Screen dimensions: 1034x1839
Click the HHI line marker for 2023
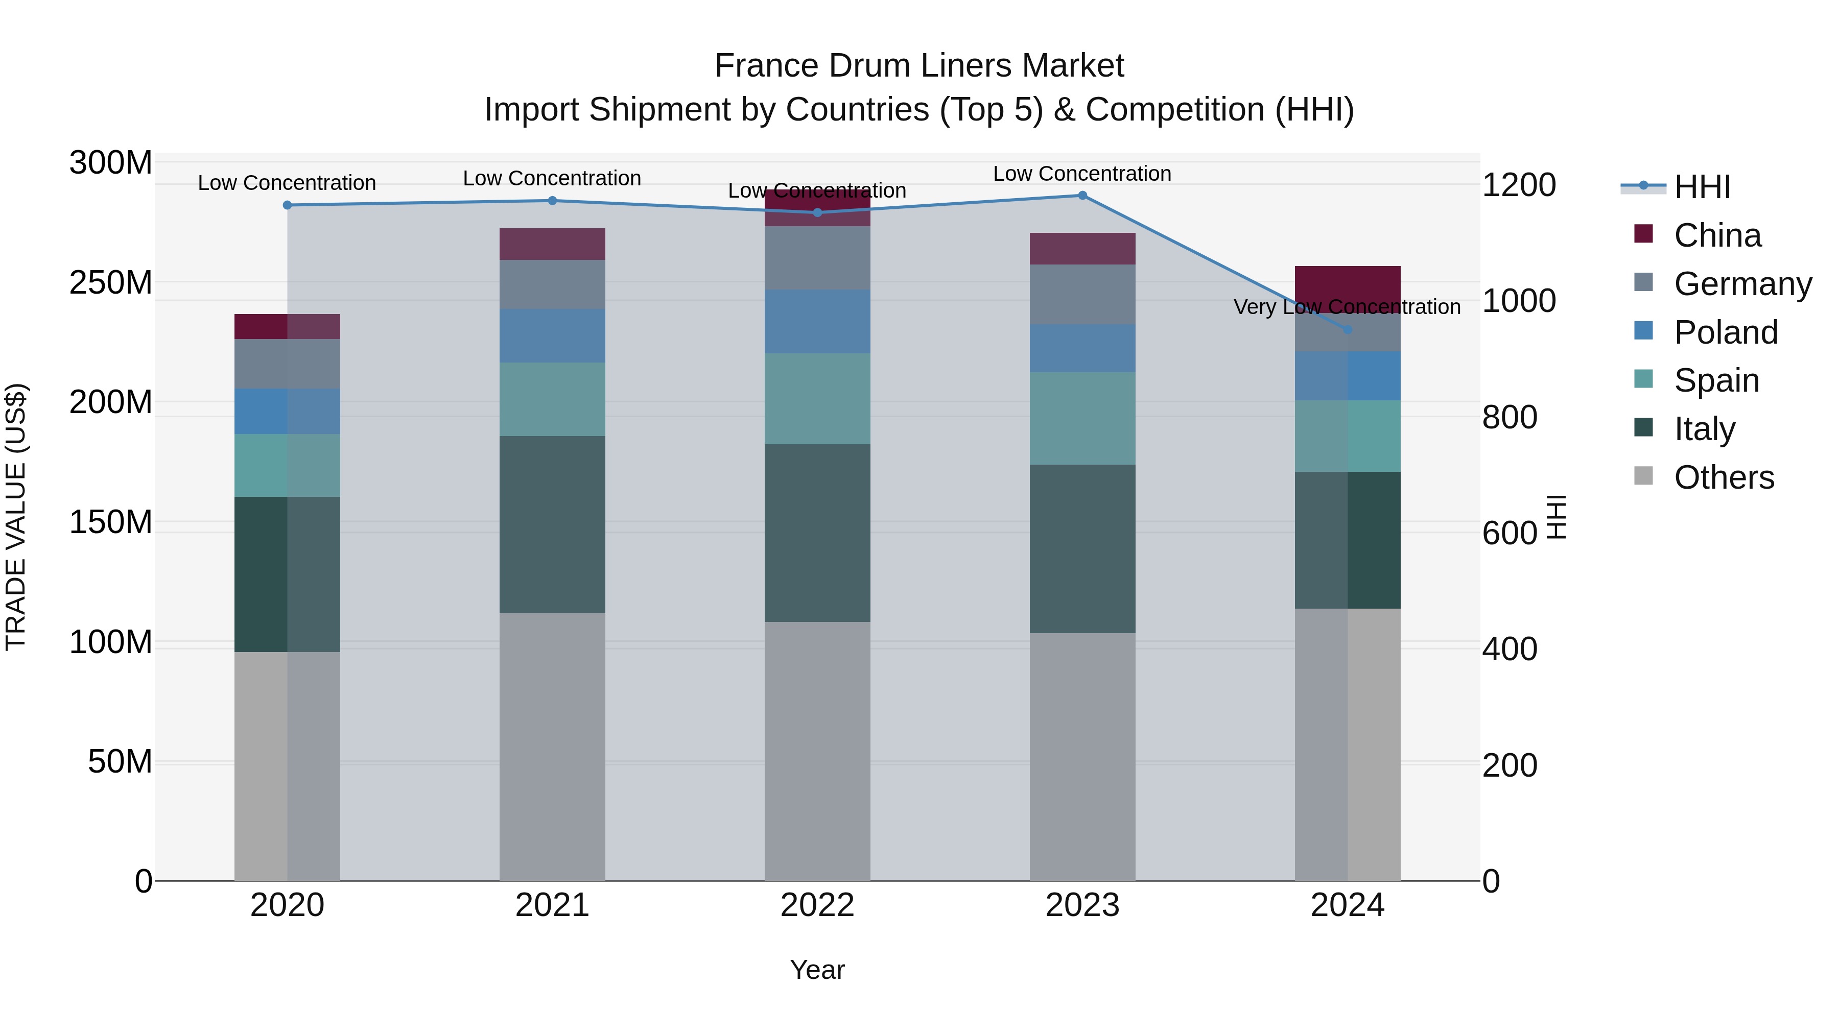click(1082, 196)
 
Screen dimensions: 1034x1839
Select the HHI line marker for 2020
click(287, 205)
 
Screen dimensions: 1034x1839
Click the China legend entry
click(1716, 235)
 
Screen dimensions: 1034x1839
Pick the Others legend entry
click(1724, 477)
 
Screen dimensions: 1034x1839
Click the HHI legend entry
click(1702, 187)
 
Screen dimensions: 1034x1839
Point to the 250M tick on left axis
click(111, 282)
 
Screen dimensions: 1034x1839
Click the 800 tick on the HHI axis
click(1509, 418)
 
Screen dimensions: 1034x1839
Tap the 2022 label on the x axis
click(817, 905)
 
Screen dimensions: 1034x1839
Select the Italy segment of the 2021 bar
click(552, 524)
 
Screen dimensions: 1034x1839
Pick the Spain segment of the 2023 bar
click(1082, 418)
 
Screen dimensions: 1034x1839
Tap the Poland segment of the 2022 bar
click(817, 321)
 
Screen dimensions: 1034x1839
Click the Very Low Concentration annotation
click(1347, 307)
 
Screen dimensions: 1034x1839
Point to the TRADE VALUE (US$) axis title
click(16, 517)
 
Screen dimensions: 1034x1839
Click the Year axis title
click(817, 970)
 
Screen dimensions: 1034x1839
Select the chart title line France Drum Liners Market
click(919, 66)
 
